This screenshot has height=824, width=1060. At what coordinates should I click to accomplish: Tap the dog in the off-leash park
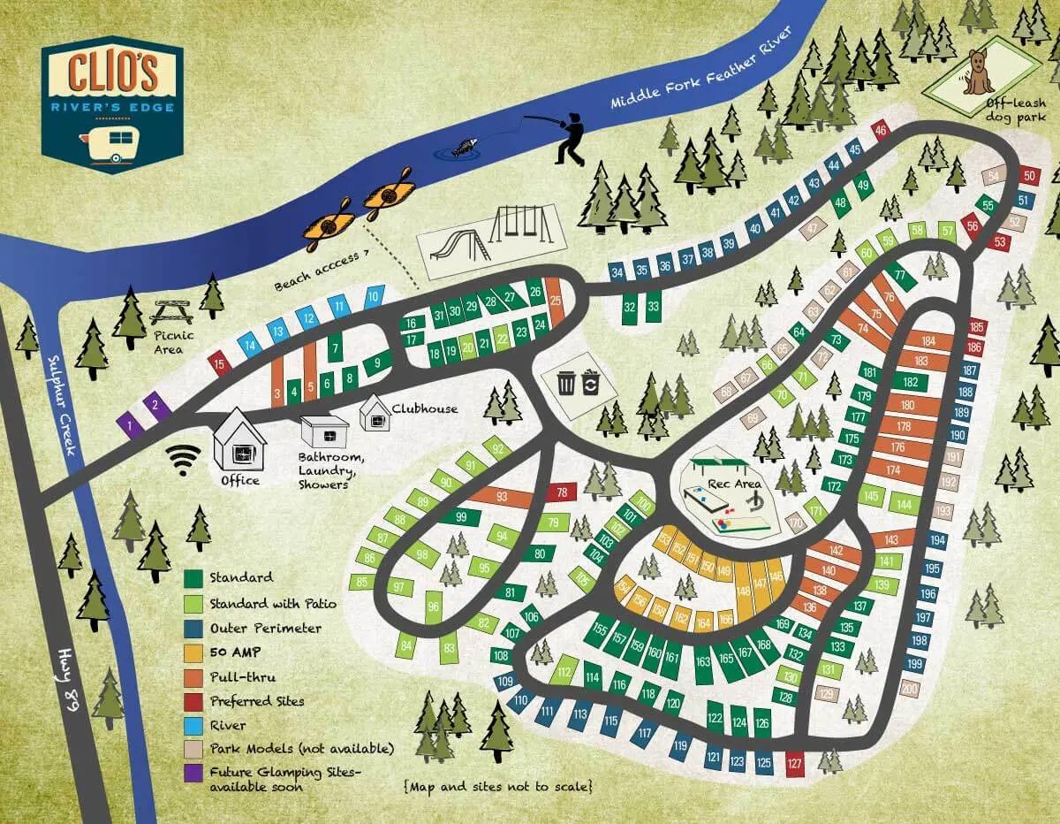(978, 72)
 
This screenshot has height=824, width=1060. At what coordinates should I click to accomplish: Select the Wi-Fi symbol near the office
(184, 459)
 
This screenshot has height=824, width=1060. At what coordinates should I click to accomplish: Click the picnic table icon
(171, 312)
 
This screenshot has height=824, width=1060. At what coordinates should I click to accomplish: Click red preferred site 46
(880, 130)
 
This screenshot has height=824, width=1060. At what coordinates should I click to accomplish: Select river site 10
(374, 296)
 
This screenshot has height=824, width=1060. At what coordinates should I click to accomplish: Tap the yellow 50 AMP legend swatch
(194, 652)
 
